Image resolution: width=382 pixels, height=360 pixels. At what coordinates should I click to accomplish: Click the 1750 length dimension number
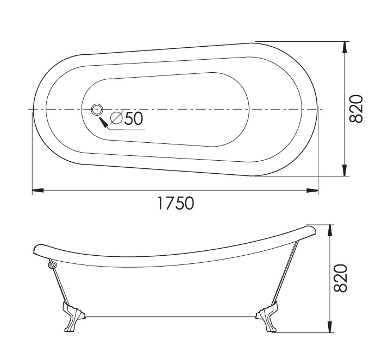coord(176,203)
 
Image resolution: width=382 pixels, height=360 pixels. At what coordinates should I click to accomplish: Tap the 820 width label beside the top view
coord(356,109)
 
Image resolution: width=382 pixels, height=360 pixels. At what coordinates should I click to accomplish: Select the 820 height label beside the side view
coord(340,278)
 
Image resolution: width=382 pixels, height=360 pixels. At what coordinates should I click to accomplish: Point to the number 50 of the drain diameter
coord(134,118)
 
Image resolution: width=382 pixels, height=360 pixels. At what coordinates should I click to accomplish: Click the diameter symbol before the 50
coord(116,118)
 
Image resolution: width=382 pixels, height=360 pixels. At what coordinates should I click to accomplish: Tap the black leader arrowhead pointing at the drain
coord(103,122)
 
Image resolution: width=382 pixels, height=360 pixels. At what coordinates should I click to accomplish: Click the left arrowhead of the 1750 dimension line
coord(37,190)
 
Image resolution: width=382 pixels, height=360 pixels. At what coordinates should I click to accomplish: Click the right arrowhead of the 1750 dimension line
coord(312,190)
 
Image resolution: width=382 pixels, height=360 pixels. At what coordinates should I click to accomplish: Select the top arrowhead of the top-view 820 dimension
coord(345,47)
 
